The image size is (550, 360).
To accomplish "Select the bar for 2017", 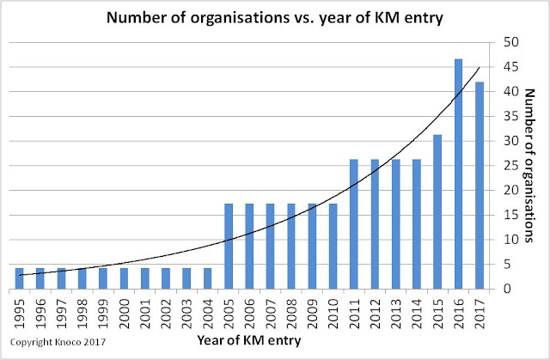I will [x=479, y=185].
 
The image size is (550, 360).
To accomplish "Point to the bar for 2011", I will [x=354, y=223].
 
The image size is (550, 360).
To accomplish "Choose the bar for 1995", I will [x=19, y=278].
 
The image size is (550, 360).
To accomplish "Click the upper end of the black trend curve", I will [x=480, y=68].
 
